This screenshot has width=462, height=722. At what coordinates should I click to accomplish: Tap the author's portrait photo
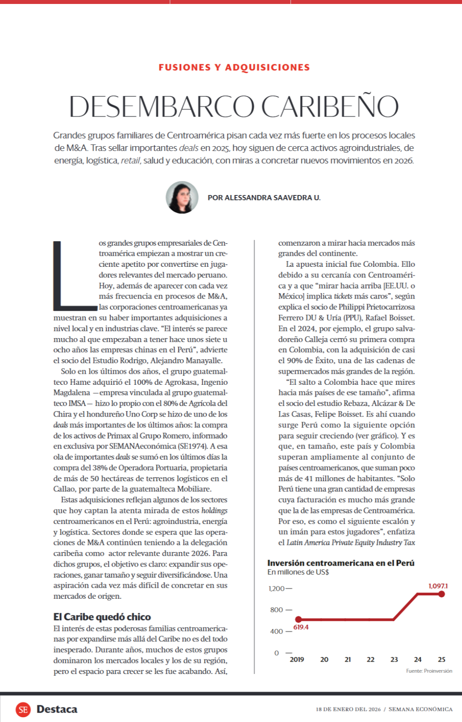click(x=182, y=197)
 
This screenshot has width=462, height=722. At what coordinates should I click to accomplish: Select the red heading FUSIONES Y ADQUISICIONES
click(x=234, y=67)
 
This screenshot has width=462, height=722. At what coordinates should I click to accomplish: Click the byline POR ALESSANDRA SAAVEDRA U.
click(x=264, y=198)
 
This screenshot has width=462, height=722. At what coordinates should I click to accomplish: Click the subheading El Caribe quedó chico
click(x=102, y=617)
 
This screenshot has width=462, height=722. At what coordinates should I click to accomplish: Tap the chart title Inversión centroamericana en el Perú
click(x=340, y=563)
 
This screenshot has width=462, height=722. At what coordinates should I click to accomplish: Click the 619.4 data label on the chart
click(x=301, y=627)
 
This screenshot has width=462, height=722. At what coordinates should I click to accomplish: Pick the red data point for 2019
click(x=298, y=619)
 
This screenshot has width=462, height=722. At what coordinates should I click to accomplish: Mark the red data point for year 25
click(x=441, y=594)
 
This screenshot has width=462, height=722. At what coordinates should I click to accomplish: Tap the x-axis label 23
click(x=394, y=659)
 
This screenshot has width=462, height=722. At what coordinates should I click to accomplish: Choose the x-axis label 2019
click(x=297, y=659)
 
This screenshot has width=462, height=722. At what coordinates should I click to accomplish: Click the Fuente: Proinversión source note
click(x=429, y=671)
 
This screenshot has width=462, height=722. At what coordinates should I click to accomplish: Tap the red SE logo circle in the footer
click(x=23, y=709)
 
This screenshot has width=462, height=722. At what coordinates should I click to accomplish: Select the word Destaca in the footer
click(x=57, y=709)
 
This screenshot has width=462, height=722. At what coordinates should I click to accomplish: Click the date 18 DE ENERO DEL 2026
click(x=348, y=709)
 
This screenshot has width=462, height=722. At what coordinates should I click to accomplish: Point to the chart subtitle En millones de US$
click(x=298, y=572)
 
